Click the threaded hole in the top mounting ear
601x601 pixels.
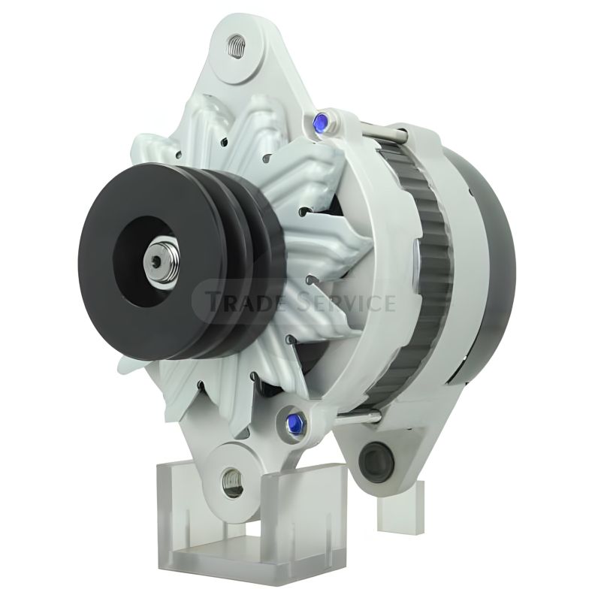(x=236, y=47)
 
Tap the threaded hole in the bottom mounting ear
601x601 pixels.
(x=232, y=479)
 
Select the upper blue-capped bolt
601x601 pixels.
(x=320, y=122)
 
